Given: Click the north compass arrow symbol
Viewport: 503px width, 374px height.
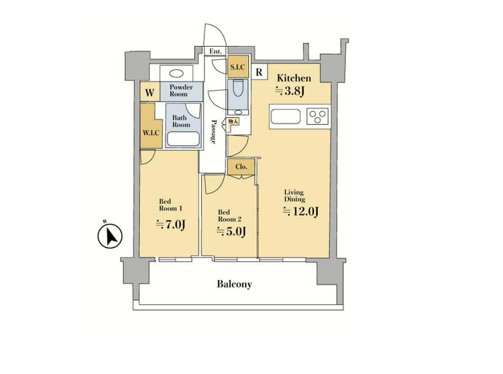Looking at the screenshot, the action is click(x=110, y=236).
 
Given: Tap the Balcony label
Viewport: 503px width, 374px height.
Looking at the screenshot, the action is click(x=234, y=284).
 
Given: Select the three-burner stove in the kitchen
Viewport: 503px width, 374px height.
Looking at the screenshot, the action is click(x=318, y=116).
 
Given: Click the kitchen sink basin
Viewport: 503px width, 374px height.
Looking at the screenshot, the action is click(x=285, y=116).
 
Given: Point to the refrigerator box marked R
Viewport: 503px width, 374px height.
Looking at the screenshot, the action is click(x=259, y=72).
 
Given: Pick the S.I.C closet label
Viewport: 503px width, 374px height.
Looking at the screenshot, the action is click(x=237, y=67).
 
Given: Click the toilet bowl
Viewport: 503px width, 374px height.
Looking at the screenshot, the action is click(x=238, y=88).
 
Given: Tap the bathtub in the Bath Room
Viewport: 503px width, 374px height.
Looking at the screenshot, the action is click(x=183, y=139).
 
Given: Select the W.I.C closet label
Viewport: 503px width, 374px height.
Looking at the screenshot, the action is click(x=151, y=133).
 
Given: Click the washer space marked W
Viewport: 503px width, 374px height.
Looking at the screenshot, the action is click(x=150, y=93).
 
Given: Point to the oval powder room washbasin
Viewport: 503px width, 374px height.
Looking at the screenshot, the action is click(x=176, y=74).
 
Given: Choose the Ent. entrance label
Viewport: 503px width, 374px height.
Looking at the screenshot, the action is click(x=215, y=51).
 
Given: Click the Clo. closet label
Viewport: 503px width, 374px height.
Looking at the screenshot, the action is click(x=241, y=167).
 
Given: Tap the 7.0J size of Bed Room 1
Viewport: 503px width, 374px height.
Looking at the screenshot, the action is click(x=171, y=224).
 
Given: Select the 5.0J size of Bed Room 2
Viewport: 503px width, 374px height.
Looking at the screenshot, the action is click(x=231, y=231).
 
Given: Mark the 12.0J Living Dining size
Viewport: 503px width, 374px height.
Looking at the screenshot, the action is click(x=300, y=211).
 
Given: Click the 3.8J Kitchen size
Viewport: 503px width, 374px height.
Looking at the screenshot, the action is click(x=290, y=91).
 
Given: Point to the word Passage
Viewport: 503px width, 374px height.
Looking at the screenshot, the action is click(x=214, y=132).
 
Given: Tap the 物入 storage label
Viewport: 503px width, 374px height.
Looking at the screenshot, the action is click(x=233, y=122).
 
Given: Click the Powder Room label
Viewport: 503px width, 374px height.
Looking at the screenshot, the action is click(x=181, y=91).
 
